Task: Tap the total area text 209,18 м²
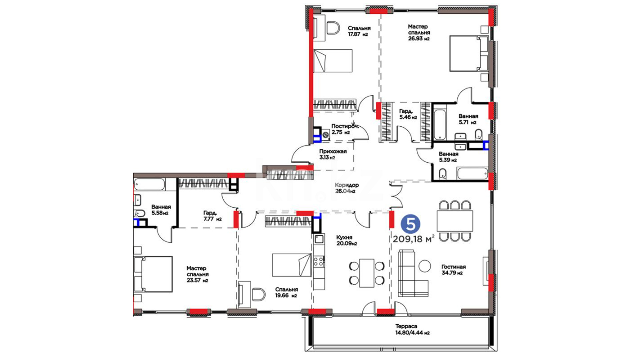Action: point(414,239)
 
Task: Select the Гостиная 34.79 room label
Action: point(454,270)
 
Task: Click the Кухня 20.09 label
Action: point(346,240)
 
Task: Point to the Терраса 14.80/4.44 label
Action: point(412,329)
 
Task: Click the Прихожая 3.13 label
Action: point(333,154)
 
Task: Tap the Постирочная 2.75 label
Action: point(345,129)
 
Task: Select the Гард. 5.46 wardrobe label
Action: point(408,114)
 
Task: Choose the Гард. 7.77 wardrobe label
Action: point(212,216)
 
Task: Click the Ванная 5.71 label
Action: point(468,119)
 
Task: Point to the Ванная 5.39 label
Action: point(448,157)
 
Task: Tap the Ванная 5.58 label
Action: point(161,210)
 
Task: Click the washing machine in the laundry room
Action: point(325,135)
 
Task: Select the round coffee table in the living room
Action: point(425,266)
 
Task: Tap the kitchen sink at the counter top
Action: point(319,239)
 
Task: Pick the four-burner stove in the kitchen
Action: point(319,261)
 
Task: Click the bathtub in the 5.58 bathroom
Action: point(149,184)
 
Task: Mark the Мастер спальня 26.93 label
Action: point(419,32)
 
